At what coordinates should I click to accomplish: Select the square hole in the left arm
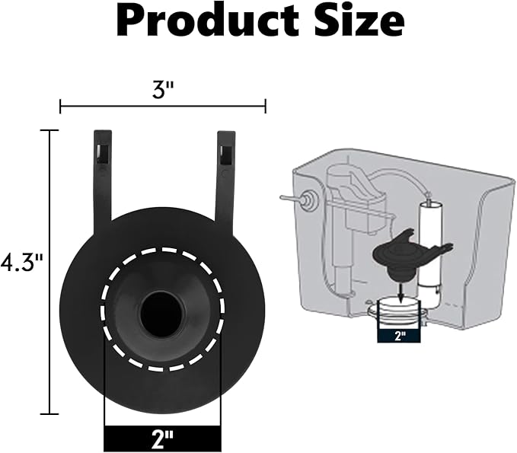(x=102, y=150)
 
